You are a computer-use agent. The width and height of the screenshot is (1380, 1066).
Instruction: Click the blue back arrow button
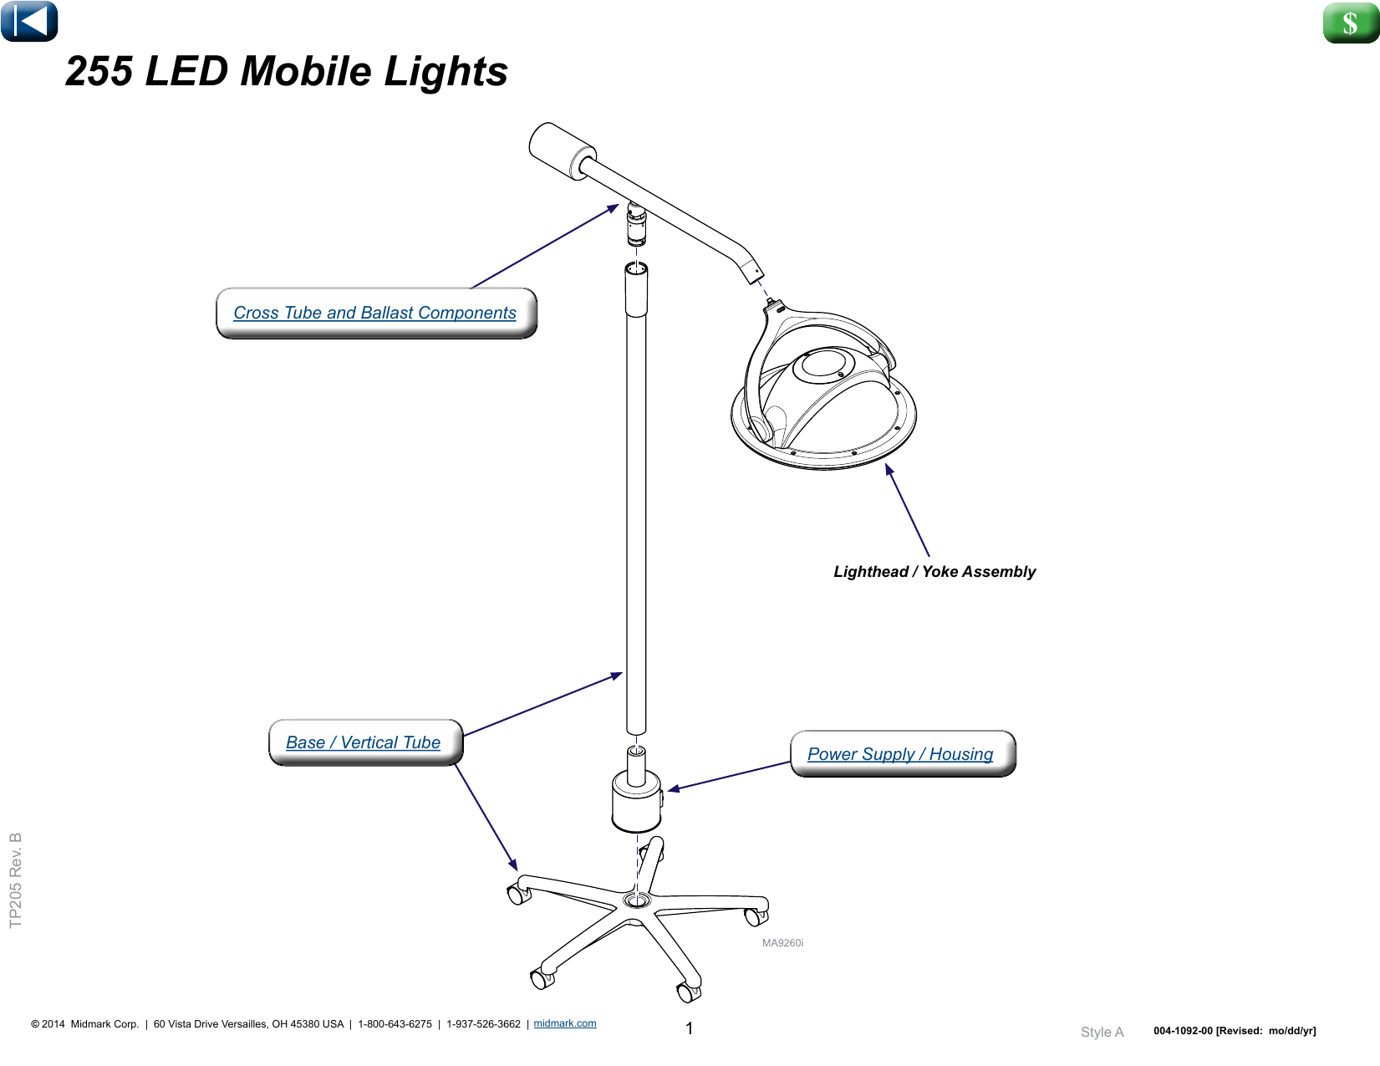coord(29,21)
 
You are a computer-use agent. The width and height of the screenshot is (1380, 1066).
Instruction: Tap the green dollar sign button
coord(1350,23)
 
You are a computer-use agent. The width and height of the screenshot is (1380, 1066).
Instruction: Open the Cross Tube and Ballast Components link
coord(374,313)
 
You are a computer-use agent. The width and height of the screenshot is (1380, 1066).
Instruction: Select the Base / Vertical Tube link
coord(363,742)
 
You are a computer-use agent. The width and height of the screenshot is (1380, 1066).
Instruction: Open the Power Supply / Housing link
coord(900,754)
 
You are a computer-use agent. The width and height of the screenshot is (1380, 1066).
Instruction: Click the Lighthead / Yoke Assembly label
coord(934,572)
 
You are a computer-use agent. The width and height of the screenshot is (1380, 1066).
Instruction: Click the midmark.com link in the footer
coord(565,1023)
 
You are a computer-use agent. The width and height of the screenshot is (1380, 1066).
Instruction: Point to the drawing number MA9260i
coord(782,943)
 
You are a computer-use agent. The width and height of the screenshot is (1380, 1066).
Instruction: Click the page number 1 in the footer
coord(689,1028)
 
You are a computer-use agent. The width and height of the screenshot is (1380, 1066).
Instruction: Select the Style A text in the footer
coord(1102,1032)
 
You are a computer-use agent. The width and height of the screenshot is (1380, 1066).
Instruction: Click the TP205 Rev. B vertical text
coord(16,880)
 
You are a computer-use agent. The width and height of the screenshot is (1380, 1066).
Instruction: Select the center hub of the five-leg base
coord(637,900)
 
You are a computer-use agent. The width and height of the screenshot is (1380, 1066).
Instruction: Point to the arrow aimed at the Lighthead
coord(908,510)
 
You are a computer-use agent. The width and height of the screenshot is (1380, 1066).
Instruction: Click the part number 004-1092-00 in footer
coord(1183,1031)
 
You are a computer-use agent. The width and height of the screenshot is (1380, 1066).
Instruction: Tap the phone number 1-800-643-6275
coord(395,1024)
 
